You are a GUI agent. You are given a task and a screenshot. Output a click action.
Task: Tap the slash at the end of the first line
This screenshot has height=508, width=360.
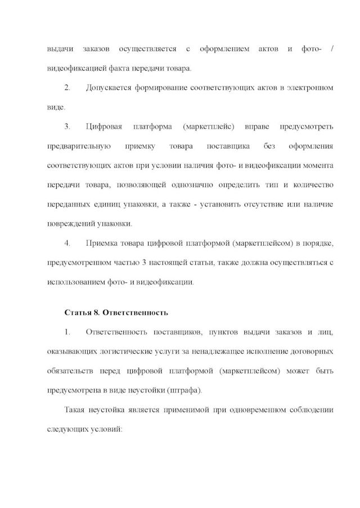pos(332,50)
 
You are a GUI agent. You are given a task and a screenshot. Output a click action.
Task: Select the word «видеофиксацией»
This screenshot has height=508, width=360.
pos(73,69)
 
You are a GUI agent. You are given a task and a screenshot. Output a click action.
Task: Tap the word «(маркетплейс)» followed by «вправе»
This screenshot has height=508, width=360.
pos(209,127)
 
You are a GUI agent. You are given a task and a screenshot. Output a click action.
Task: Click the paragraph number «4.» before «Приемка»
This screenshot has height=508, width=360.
pos(67,244)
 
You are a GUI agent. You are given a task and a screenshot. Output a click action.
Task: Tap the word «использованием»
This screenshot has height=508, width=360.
pos(75,282)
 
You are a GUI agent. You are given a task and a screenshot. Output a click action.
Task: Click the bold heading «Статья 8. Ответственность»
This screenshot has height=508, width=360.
pos(116,312)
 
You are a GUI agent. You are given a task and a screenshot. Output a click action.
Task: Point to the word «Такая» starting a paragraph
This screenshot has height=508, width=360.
pos(77,410)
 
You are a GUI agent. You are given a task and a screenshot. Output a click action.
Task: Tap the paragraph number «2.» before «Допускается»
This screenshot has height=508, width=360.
pos(67,88)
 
